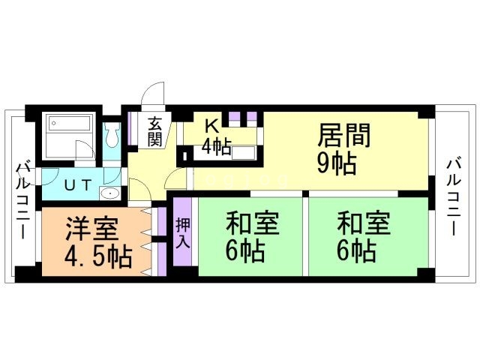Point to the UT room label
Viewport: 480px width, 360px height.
72,182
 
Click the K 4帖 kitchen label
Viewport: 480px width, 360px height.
214,136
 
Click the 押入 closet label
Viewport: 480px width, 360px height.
184,234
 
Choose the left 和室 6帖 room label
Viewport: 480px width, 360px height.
252,237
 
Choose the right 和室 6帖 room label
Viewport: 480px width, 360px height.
362,237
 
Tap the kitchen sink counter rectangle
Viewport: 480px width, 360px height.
244,154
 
